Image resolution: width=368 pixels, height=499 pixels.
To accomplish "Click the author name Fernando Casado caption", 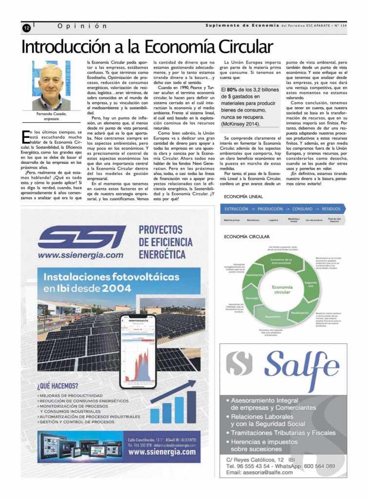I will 51,114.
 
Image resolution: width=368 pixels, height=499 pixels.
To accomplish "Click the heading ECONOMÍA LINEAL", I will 243,196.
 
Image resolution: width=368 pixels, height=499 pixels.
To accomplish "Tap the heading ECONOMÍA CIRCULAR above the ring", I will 246,236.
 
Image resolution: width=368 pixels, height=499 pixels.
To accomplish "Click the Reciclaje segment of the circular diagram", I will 252,297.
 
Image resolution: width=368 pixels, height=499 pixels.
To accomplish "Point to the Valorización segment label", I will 254,275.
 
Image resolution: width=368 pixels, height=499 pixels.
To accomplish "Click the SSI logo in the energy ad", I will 81,237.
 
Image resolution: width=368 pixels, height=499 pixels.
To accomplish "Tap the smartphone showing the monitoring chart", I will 138,352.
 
